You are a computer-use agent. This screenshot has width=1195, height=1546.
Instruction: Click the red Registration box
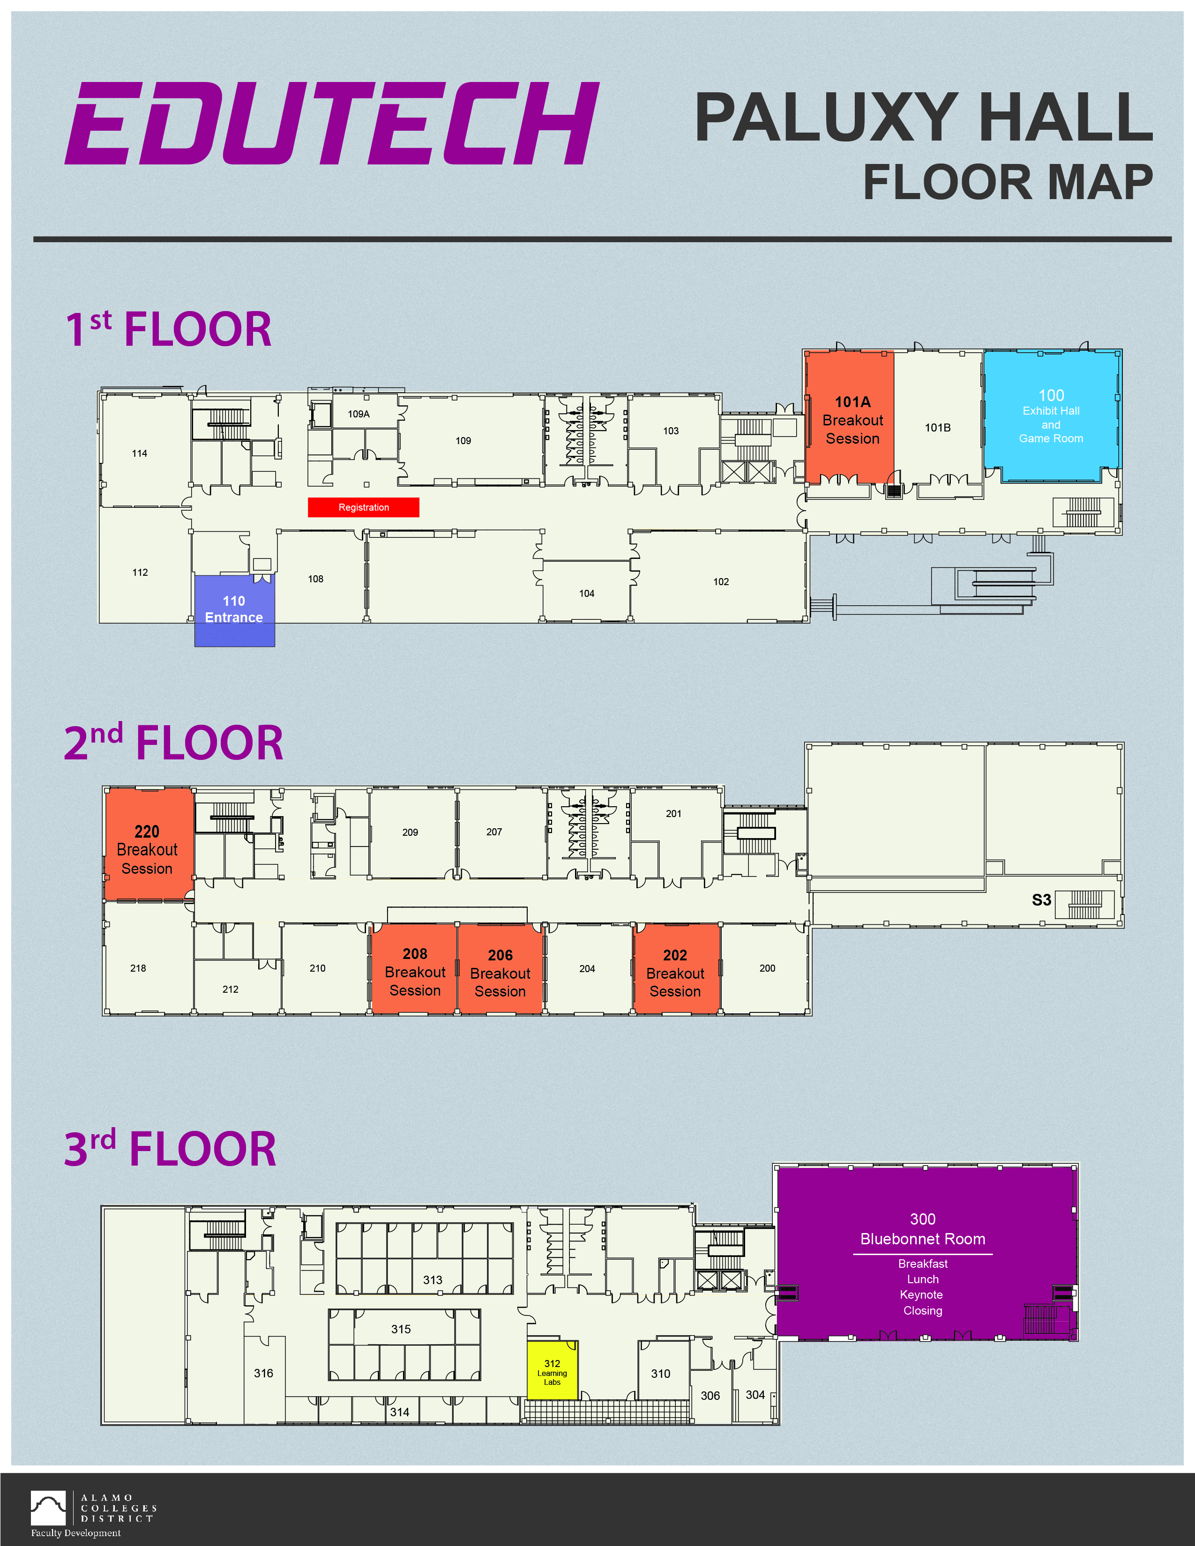pyautogui.click(x=363, y=507)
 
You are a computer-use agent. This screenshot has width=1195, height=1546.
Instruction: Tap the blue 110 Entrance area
pyautogui.click(x=234, y=610)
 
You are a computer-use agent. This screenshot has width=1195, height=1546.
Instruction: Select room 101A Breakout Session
pyautogui.click(x=850, y=417)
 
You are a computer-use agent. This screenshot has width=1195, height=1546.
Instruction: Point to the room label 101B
pyautogui.click(x=937, y=428)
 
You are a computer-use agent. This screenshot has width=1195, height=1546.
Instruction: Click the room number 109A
pyautogui.click(x=358, y=414)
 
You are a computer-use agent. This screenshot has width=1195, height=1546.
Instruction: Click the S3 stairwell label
pyautogui.click(x=1041, y=899)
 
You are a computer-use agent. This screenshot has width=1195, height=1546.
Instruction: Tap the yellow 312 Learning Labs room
pyautogui.click(x=552, y=1370)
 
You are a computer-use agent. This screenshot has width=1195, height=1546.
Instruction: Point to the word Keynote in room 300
pyautogui.click(x=921, y=1295)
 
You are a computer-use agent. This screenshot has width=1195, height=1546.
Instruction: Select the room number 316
pyautogui.click(x=263, y=1373)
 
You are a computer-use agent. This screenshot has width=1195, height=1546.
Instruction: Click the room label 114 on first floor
pyautogui.click(x=140, y=454)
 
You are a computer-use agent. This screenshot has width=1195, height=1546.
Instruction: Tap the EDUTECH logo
pyautogui.click(x=332, y=123)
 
